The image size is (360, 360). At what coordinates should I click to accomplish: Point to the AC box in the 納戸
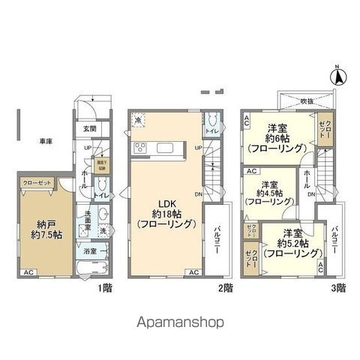point(28,271)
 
